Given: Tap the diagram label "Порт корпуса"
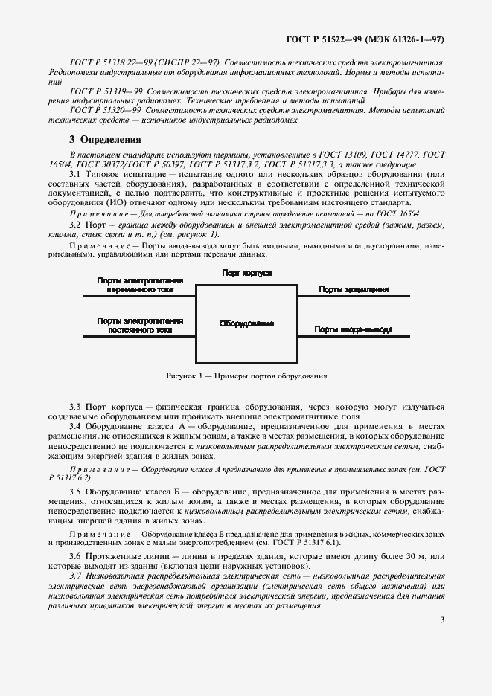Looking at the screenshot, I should coord(246,274).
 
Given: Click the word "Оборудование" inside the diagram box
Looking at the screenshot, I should coord(246,323).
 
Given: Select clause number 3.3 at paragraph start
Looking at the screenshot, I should coord(75,407).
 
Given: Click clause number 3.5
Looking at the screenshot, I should coord(75,493).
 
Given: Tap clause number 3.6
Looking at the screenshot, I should coord(75,556).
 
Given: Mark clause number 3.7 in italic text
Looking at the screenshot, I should coord(75,576).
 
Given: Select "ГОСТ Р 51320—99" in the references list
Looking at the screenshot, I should coord(105,109).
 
